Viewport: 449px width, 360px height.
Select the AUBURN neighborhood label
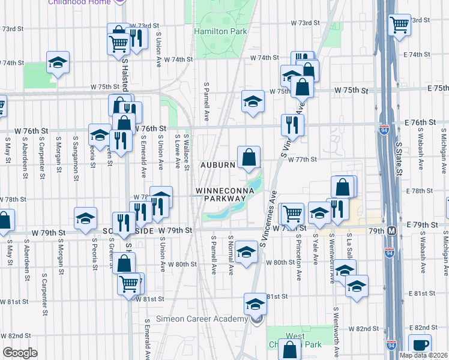[217, 164]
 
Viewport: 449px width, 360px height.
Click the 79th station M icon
[392, 231]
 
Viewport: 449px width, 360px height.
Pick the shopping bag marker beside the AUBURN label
[249, 158]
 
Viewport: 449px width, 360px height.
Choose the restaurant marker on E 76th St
[292, 124]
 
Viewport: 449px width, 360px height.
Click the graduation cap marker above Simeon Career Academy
[255, 304]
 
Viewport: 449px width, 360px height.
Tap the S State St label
[398, 159]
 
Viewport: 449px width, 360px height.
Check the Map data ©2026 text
[423, 355]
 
